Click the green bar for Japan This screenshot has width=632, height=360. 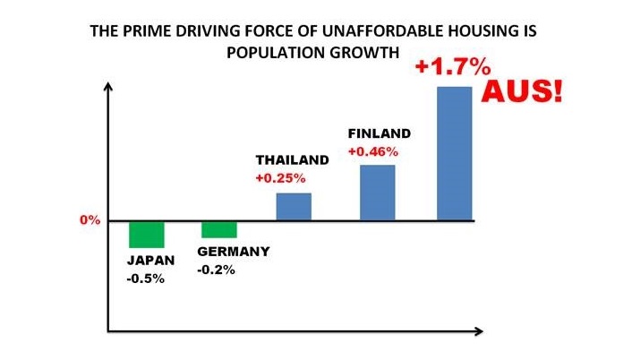[x=147, y=234]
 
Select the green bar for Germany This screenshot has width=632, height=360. [x=219, y=229]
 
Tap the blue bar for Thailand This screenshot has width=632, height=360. [x=293, y=207]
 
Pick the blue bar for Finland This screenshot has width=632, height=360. [x=377, y=193]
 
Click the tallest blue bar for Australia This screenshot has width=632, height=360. [x=454, y=153]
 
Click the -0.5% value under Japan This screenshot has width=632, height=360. [x=147, y=278]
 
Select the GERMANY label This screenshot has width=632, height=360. [x=233, y=252]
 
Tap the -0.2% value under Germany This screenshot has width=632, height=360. [x=217, y=270]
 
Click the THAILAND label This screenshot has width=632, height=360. [x=292, y=159]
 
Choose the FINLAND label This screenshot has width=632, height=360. [x=379, y=133]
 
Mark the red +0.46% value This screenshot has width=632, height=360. [x=372, y=150]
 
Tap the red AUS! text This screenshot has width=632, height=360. [x=522, y=91]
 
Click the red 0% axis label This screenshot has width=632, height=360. [x=89, y=220]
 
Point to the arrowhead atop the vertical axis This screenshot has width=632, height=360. [x=108, y=87]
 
